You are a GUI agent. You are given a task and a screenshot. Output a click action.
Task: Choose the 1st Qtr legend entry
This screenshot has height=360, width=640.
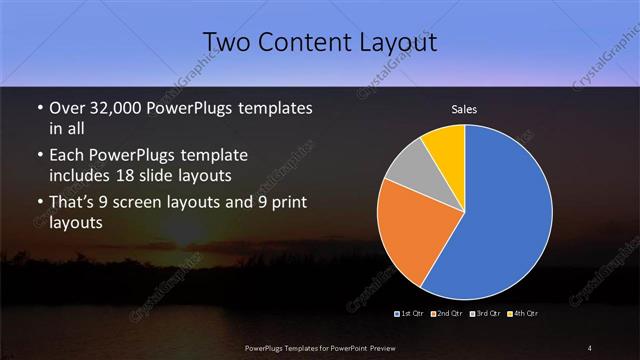[412, 313]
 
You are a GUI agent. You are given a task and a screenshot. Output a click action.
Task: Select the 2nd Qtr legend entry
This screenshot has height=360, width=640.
[446, 313]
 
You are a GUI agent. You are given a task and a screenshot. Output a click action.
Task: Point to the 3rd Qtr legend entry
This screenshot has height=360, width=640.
[486, 313]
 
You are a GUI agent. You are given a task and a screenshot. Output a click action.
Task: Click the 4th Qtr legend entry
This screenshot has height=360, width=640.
[523, 313]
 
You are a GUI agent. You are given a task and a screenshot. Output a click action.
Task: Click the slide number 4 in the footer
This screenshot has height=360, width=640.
[591, 347]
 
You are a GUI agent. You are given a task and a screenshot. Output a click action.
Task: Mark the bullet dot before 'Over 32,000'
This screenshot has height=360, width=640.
[38, 108]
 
